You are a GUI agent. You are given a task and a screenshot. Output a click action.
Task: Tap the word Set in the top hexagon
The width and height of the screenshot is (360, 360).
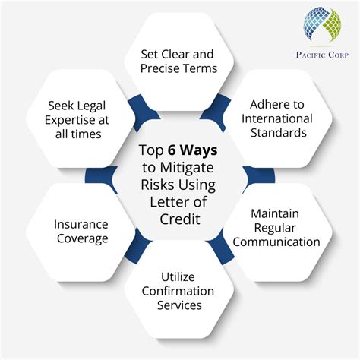point(150,54)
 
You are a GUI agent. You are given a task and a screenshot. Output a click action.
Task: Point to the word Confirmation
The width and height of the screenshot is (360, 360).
point(180,291)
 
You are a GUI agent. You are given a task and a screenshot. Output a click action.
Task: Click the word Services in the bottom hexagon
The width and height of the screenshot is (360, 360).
point(180,306)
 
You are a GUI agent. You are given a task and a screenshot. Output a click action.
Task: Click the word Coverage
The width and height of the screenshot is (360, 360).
point(81,238)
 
